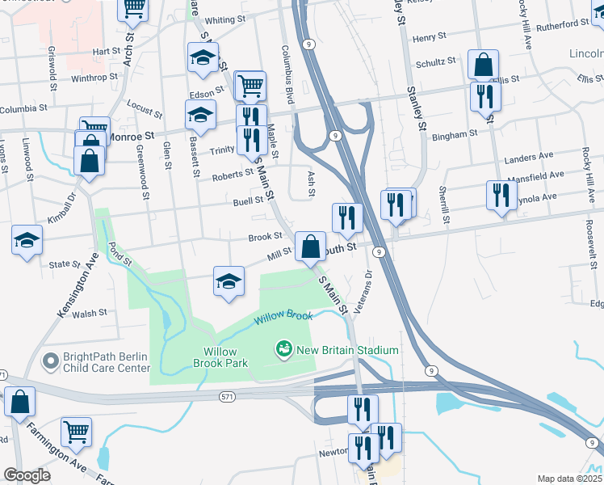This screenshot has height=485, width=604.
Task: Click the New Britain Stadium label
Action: tap(348, 350)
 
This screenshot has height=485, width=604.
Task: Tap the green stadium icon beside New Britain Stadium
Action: tap(283, 349)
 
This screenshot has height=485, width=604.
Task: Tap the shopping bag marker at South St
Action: tap(310, 246)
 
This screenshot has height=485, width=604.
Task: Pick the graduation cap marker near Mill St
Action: tap(229, 281)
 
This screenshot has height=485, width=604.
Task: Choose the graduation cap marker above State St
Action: tap(27, 240)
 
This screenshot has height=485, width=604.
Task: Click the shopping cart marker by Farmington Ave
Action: tap(76, 432)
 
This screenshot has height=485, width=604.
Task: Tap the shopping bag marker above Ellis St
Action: tap(483, 64)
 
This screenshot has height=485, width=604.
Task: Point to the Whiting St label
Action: tap(224, 19)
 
